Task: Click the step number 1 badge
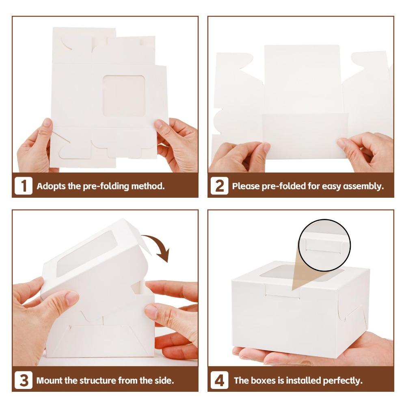(x=24, y=186)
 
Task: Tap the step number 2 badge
(x=219, y=186)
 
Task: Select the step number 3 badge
(x=24, y=380)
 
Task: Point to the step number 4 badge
(x=219, y=380)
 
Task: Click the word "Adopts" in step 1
(x=51, y=186)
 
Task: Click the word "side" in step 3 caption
(x=164, y=380)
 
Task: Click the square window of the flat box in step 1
(x=124, y=96)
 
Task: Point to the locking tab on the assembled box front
(x=283, y=291)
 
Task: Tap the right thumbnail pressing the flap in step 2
(x=341, y=143)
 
